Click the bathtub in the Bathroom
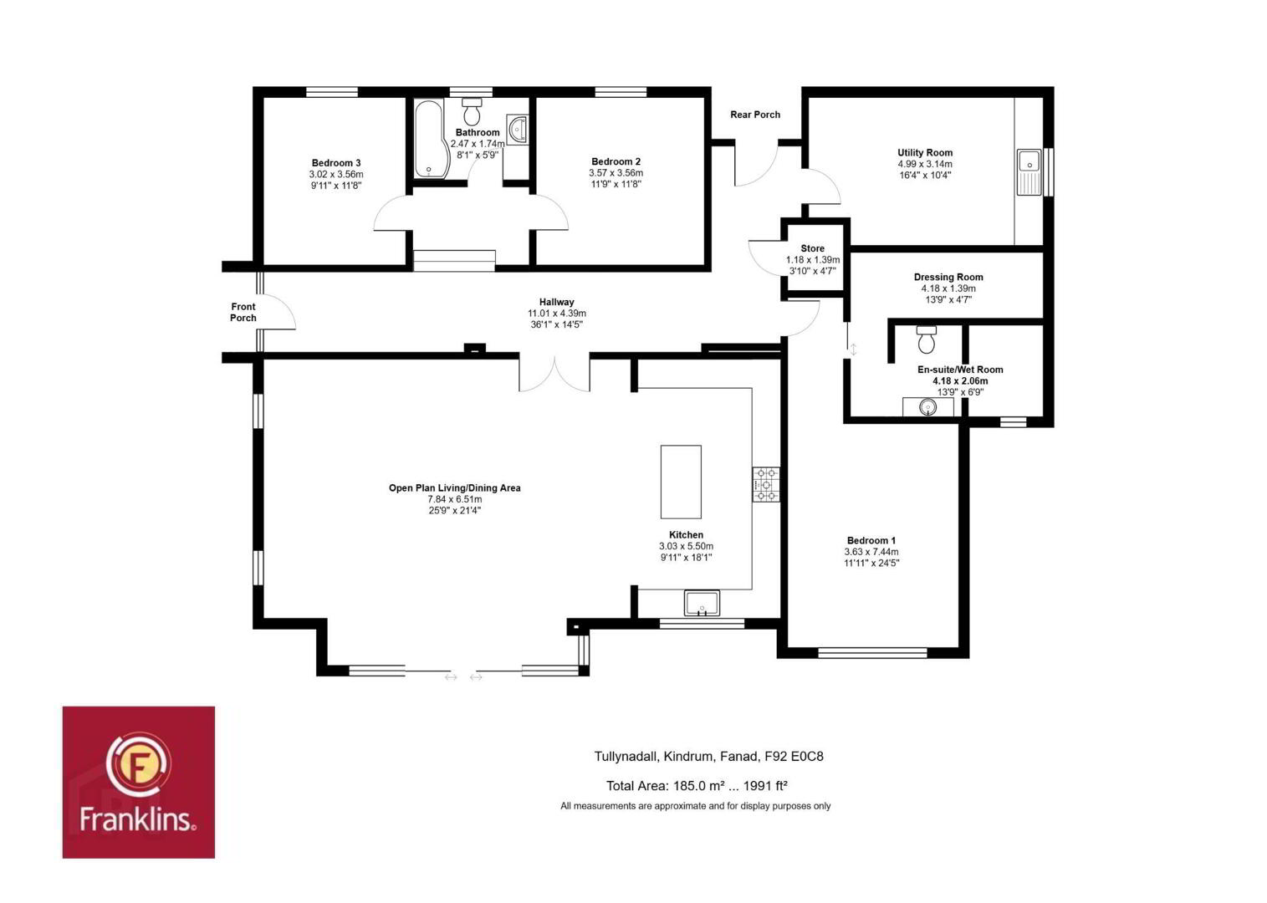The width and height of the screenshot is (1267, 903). (x=431, y=139)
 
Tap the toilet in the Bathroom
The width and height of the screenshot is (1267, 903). (x=472, y=111)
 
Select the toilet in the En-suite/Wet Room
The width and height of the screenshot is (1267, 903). (x=926, y=339)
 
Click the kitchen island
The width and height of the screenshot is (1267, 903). (x=681, y=482)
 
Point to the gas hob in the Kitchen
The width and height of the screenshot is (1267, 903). (x=766, y=485)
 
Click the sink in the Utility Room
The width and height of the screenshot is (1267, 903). (x=1029, y=172)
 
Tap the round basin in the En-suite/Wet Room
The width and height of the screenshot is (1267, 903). (x=927, y=406)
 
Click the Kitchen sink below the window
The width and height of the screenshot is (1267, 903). (x=702, y=604)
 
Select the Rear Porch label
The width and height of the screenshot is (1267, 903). (x=755, y=115)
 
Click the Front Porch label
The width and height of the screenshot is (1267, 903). (x=243, y=312)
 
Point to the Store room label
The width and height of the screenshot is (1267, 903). (x=812, y=249)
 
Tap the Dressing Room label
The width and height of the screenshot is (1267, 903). (x=948, y=277)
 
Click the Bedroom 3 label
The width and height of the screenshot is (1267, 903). (x=336, y=163)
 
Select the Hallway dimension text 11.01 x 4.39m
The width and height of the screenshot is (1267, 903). (x=557, y=314)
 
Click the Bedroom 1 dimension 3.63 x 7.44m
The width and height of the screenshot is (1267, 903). (x=871, y=552)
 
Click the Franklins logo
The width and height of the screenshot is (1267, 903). (x=139, y=782)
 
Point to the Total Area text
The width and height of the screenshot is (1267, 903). (x=697, y=786)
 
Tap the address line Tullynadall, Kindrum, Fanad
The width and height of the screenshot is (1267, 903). (x=676, y=757)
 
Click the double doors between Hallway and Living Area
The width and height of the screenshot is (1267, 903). (x=554, y=373)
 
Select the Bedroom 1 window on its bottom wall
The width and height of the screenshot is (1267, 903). (x=873, y=653)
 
